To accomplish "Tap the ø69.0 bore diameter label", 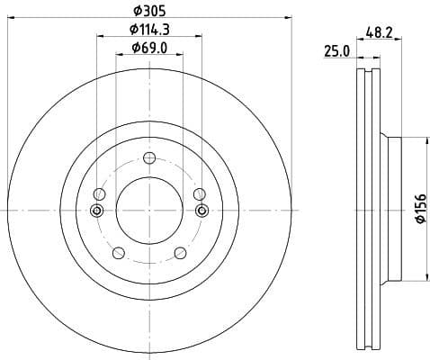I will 149,47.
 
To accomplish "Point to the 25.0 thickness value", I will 336,52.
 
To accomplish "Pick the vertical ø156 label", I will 419,209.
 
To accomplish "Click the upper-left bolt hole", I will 99,193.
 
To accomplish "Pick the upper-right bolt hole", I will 200,193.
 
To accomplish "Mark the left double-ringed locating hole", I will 98,211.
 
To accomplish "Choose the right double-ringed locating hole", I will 202,211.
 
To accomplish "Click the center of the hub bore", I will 149,210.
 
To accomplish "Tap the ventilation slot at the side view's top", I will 369,76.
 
